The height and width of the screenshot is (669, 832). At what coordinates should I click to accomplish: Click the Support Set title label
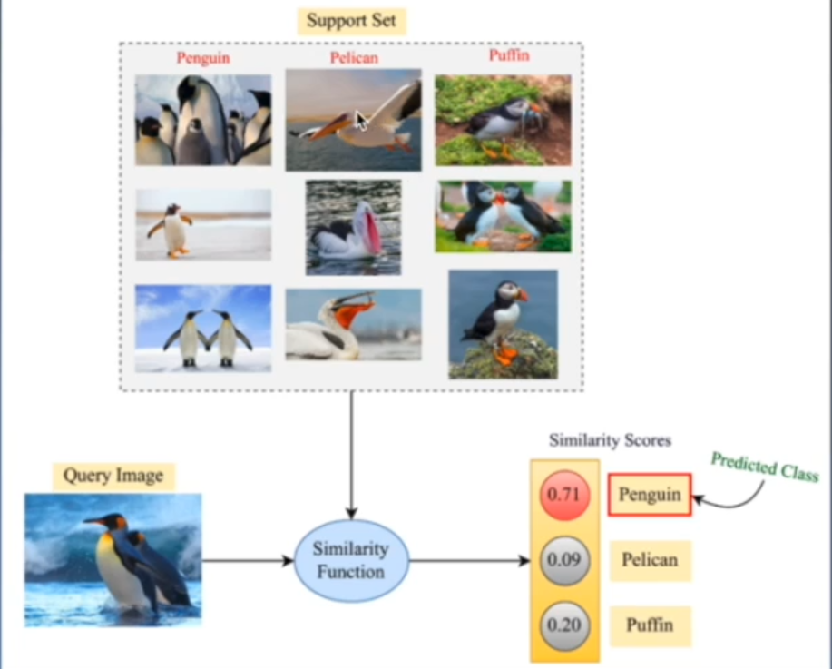[351, 21]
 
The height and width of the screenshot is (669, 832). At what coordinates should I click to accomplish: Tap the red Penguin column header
[202, 58]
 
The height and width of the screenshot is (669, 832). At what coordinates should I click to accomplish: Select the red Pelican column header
[353, 58]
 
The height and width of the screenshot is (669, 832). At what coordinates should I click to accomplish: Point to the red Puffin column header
[508, 55]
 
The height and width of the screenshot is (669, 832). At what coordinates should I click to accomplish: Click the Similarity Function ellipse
[350, 560]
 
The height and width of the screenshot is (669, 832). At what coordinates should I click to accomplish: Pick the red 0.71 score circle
[565, 496]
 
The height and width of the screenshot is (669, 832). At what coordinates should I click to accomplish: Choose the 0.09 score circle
[565, 560]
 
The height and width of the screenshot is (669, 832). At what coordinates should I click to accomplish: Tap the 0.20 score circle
[565, 625]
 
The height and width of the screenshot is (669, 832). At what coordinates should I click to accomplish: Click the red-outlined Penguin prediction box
[650, 496]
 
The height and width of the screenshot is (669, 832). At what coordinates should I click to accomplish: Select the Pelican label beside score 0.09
[649, 560]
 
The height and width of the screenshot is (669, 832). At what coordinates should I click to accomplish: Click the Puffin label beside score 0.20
[649, 625]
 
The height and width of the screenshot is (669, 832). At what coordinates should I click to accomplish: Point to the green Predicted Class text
[764, 466]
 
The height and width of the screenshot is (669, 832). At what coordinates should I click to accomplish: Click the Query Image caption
[113, 476]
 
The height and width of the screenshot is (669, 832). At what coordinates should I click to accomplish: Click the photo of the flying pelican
[353, 120]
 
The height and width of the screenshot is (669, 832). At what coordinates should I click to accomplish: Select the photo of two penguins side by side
[203, 329]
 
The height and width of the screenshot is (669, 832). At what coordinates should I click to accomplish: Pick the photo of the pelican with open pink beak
[353, 227]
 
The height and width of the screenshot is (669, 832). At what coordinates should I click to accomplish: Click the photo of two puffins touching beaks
[503, 216]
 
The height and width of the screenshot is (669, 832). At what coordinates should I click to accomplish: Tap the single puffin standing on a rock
[503, 324]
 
